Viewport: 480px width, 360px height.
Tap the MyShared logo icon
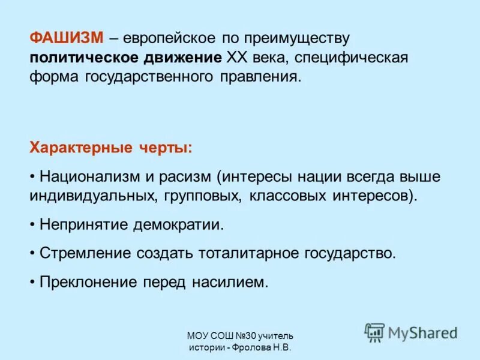[374, 332]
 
